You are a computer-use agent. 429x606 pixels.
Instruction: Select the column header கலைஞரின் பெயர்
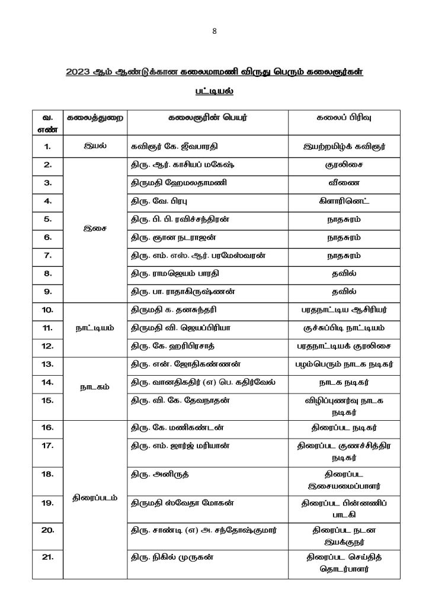(207, 117)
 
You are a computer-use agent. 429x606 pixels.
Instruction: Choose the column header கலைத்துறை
(95, 117)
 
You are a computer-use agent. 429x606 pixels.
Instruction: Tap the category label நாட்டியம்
(95, 327)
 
